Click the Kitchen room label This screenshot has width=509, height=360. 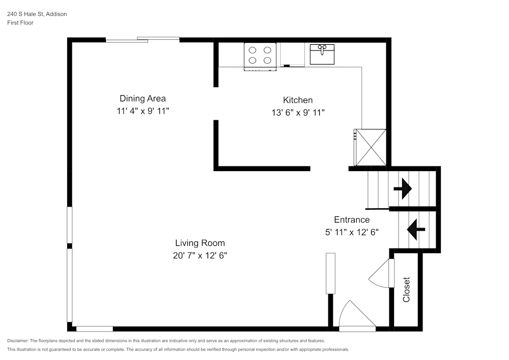[x=298, y=100]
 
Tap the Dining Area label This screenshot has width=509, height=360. [x=143, y=98]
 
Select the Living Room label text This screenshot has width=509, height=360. [x=200, y=243]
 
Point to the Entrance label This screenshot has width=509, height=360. [x=352, y=219]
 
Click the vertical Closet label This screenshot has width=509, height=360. [x=406, y=289]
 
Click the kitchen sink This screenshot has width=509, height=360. [x=322, y=54]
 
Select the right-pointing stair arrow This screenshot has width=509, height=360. [x=403, y=188]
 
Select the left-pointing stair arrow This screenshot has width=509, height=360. [x=414, y=229]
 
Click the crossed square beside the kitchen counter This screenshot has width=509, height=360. [x=371, y=147]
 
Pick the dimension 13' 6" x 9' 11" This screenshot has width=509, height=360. [x=298, y=113]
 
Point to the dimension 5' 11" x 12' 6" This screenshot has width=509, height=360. [x=352, y=232]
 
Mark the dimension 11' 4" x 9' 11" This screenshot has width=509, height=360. [x=143, y=110]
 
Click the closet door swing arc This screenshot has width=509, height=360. [x=379, y=275]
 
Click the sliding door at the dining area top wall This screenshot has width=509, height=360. [x=143, y=40]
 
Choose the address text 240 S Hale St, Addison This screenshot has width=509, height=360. [x=37, y=14]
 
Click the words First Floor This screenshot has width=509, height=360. [x=20, y=23]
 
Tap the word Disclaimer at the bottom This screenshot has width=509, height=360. [x=18, y=340]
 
